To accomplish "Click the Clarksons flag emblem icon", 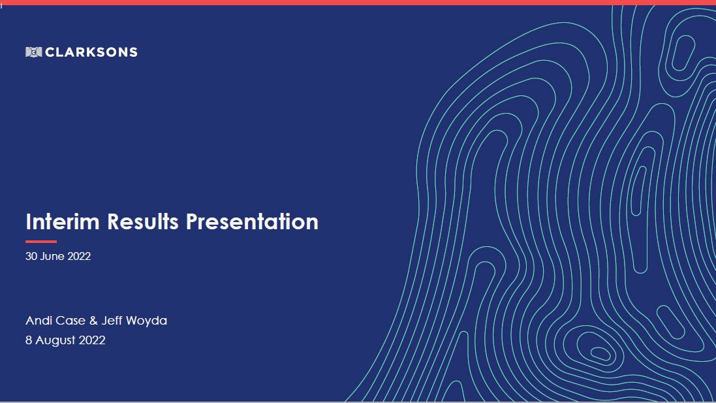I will pos(34,52).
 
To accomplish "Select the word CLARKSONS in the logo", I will pos(91,52).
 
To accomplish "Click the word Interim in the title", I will pos(63,221).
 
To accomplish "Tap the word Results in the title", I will pos(142,221).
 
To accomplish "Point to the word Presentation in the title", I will pos(252,221).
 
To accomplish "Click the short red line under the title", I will pos(41,242).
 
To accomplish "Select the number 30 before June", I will pos(31,256).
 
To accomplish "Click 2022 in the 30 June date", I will pos(78,256).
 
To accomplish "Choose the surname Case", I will pos(70,321).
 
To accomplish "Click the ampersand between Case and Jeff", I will pos(93,321).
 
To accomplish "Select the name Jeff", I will pos(112,321).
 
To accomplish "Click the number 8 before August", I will pos(29,340).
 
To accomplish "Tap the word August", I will pos(54,340).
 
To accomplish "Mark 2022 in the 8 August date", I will pos(92,340).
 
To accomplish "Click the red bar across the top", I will pos(358,3).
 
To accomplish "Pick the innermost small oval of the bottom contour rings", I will pos(600,354).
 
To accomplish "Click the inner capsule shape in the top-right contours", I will pos(683,52).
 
